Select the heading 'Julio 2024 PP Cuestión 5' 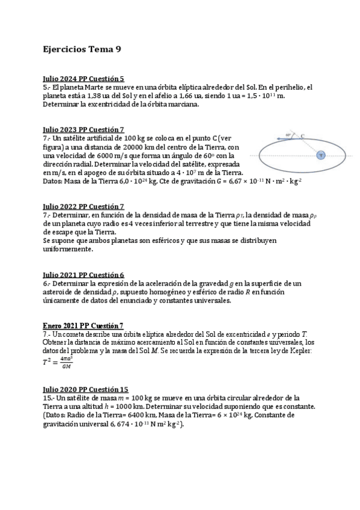[x=84, y=79]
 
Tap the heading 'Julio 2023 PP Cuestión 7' [x=84, y=129]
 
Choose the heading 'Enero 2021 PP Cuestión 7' [x=84, y=325]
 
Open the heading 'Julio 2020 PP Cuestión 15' [x=85, y=389]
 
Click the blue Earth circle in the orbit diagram [x=320, y=155]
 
